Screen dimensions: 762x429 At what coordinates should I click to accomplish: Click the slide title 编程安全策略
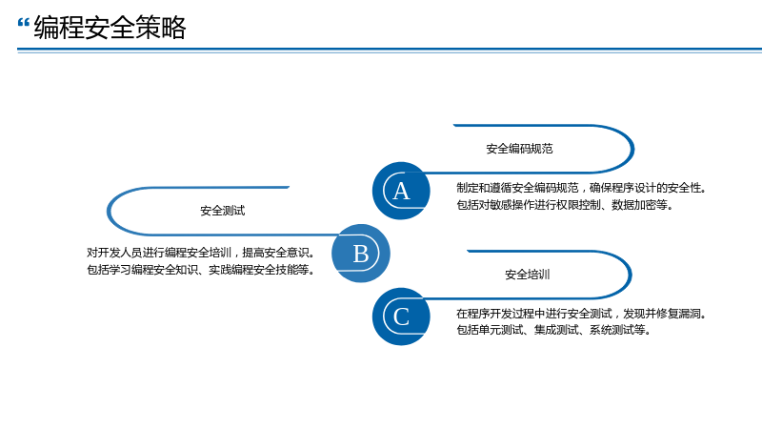tap(110, 28)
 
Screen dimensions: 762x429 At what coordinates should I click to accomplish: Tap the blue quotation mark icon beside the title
tap(23, 22)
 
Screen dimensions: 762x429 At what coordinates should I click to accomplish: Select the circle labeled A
tap(401, 191)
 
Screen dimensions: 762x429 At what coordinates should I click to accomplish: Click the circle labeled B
tap(361, 254)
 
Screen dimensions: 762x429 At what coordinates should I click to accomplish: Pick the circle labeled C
tap(401, 317)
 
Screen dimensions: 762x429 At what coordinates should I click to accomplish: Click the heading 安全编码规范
tap(519, 149)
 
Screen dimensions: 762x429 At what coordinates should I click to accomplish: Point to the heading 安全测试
tap(223, 211)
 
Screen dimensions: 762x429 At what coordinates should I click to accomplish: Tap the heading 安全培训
tap(528, 275)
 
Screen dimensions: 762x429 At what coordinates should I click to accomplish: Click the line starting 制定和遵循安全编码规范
tap(581, 188)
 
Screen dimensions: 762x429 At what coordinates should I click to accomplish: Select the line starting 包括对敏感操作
tap(565, 205)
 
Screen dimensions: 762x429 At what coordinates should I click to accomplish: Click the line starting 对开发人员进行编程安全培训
tap(201, 253)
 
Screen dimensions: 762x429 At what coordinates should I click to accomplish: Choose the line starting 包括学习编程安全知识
tap(201, 270)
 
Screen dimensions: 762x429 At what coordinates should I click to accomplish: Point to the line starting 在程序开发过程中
tap(581, 314)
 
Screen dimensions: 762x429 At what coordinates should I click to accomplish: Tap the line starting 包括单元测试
tap(553, 330)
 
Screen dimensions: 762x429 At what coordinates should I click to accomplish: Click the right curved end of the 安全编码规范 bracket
tap(632, 149)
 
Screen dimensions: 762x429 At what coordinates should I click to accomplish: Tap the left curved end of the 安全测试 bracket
tap(109, 211)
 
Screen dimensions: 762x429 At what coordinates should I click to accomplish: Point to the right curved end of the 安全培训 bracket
tap(631, 275)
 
